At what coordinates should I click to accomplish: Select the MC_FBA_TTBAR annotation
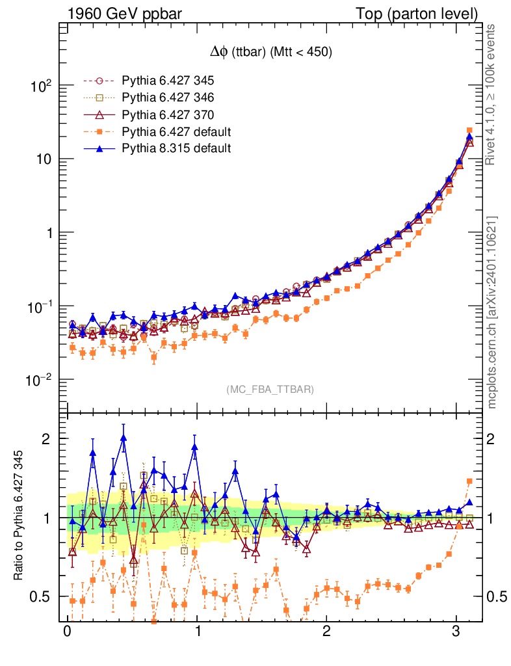[270, 390]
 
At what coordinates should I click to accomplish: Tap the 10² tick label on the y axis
[40, 86]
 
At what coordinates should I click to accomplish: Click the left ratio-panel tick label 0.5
[40, 596]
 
